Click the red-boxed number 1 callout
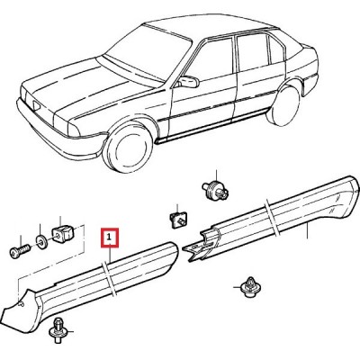(x=110, y=238)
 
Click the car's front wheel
(x=129, y=148)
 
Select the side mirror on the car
(x=188, y=82)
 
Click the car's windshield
(x=147, y=54)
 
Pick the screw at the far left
(x=20, y=251)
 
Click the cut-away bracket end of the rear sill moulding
(x=200, y=245)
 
